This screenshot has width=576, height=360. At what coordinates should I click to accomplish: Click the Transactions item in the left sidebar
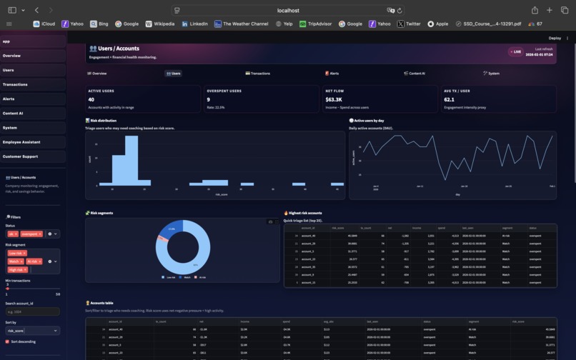click(16, 84)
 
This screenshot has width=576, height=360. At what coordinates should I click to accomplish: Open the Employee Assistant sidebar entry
click(21, 142)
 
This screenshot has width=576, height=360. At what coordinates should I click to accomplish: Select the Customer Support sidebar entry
click(20, 156)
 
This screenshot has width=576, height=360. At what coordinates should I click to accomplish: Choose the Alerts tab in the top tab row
click(332, 74)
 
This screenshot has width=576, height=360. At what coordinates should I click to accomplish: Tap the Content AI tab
click(414, 74)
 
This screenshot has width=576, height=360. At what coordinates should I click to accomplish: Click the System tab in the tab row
click(492, 74)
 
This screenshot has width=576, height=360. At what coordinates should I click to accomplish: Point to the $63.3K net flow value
click(334, 100)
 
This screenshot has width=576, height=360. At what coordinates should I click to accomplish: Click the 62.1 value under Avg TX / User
click(450, 100)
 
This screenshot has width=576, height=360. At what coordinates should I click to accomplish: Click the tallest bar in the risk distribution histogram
click(131, 161)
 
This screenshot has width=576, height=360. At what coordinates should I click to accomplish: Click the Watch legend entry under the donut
click(187, 277)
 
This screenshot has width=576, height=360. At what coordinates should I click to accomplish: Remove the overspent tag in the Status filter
click(40, 234)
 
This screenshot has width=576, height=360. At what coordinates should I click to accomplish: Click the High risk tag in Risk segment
click(16, 270)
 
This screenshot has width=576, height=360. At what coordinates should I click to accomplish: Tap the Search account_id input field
click(32, 312)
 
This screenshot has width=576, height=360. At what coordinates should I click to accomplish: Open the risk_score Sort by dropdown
click(32, 331)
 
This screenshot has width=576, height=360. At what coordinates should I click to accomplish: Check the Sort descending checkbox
click(8, 341)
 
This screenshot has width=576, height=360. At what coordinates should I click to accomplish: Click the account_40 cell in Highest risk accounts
click(308, 236)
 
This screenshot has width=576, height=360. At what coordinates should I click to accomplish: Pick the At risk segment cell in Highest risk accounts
click(507, 236)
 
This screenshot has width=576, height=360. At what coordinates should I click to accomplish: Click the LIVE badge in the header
click(515, 52)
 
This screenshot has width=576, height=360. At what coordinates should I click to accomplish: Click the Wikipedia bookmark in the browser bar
click(160, 24)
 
